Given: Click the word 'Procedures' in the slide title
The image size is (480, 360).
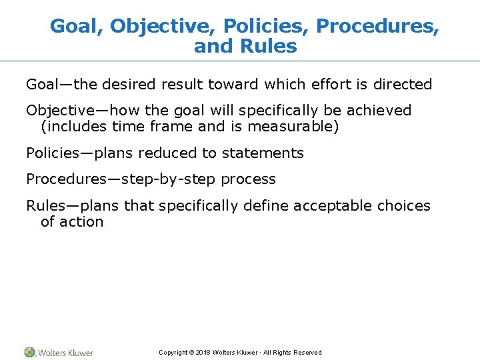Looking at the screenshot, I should (375, 26).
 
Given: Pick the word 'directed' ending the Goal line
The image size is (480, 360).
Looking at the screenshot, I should (403, 85).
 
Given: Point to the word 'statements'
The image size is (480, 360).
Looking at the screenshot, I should (263, 153).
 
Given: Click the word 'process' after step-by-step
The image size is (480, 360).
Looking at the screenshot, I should (248, 179).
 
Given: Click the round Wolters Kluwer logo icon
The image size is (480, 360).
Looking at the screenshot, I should (30, 352).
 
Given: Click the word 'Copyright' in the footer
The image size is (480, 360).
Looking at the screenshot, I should (172, 353).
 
